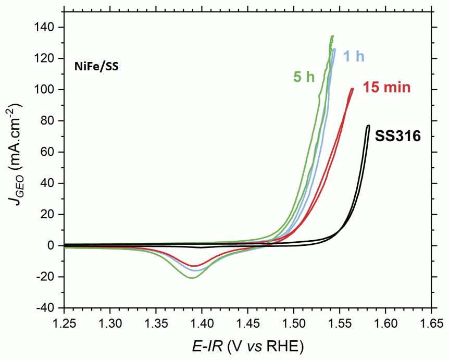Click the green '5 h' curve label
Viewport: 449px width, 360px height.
[304, 77]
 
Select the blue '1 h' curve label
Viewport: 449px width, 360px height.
[354, 56]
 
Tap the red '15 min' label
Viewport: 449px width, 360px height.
[387, 87]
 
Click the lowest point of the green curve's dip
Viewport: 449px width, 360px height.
[192, 278]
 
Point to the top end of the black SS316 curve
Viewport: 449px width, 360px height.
[368, 126]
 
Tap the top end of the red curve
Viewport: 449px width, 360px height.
[352, 89]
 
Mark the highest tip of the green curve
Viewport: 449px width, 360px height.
[332, 36]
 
